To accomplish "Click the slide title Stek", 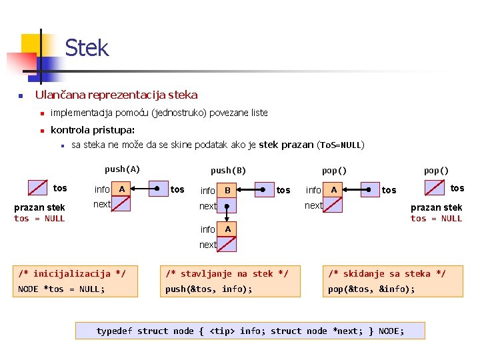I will [x=87, y=48].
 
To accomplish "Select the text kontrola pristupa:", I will [x=93, y=130].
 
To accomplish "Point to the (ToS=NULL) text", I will [x=341, y=145].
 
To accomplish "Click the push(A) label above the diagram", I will [x=122, y=169].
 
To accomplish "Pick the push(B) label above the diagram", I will [x=228, y=171].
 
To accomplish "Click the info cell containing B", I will [x=227, y=190].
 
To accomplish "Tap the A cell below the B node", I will [x=227, y=229].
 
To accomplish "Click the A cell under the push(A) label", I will [x=121, y=189].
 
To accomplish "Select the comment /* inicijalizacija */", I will [x=71, y=273].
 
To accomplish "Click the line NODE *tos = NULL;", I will [x=61, y=289].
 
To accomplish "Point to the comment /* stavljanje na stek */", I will [x=227, y=273].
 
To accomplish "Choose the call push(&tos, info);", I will [x=209, y=289].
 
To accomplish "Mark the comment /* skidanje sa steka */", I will [x=387, y=273].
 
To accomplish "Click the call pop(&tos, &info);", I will [x=371, y=289].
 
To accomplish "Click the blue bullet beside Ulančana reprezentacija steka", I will [x=21, y=96].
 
